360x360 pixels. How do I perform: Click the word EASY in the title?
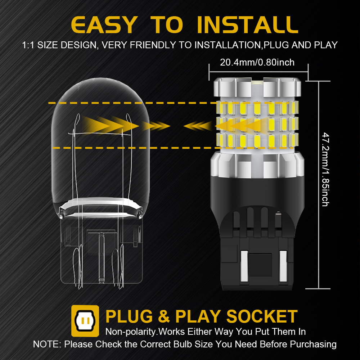(104, 25)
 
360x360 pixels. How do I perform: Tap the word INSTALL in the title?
(248, 25)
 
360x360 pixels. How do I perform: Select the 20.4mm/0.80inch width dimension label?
(257, 62)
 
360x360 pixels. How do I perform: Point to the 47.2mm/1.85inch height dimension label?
(325, 169)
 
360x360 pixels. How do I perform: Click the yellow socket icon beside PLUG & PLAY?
(85, 321)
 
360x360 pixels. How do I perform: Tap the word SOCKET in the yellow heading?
(262, 316)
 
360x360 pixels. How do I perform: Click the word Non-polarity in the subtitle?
(131, 332)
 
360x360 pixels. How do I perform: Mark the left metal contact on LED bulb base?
(244, 266)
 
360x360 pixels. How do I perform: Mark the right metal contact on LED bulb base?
(283, 266)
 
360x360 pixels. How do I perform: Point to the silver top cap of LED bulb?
(257, 87)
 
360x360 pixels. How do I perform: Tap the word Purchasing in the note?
(313, 345)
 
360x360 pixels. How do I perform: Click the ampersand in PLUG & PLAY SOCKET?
(164, 316)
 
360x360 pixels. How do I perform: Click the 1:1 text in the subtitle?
(28, 45)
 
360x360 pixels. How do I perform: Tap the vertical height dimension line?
(319, 185)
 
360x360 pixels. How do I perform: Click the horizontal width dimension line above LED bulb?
(258, 72)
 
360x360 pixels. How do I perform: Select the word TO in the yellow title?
(167, 25)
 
